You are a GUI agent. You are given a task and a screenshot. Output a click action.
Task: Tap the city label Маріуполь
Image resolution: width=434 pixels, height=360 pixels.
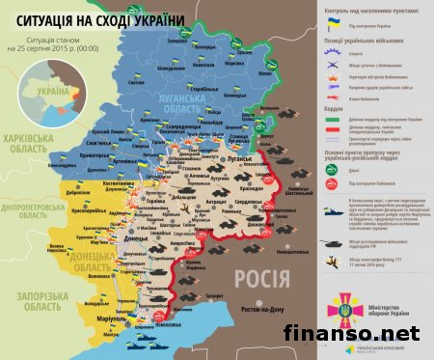(117, 319)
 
